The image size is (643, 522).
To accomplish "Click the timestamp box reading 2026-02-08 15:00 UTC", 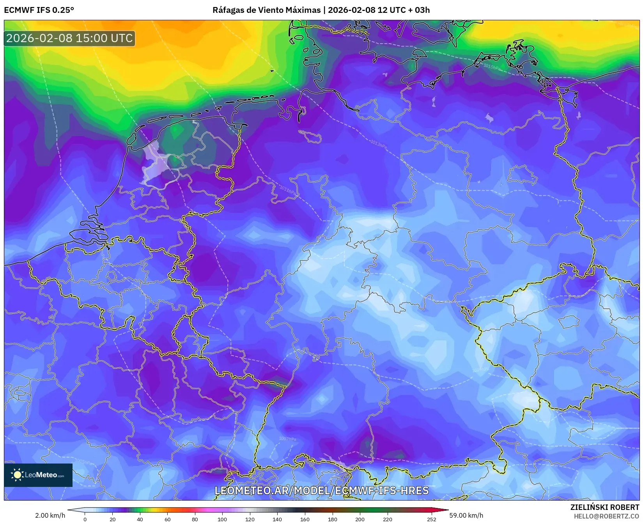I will [x=69, y=38].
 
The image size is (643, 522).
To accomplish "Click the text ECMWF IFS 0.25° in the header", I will [x=39, y=10].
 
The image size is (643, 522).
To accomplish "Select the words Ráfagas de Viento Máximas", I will [x=266, y=10].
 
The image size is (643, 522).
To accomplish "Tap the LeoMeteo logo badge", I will [x=38, y=475].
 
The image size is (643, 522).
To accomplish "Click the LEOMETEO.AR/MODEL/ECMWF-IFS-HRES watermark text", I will [x=321, y=490].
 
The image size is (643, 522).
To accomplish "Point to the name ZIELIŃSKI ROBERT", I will [x=604, y=507].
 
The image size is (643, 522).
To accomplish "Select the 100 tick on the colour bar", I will [x=222, y=519].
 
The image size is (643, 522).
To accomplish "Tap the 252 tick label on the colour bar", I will [x=431, y=519].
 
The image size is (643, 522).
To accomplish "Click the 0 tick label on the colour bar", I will [x=85, y=519].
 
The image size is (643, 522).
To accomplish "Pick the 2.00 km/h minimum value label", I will [x=50, y=515].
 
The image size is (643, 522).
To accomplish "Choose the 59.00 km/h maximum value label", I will [x=466, y=515].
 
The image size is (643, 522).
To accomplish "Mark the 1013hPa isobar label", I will [x=378, y=144].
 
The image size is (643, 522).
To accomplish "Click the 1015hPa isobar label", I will [x=491, y=67].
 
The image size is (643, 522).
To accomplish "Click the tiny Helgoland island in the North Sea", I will [x=272, y=71].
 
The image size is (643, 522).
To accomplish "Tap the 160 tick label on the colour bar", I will [x=305, y=519].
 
